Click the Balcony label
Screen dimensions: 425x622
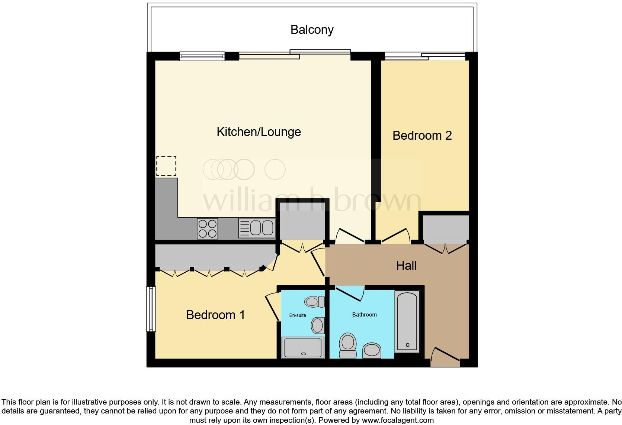[312, 30]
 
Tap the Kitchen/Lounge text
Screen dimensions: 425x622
[259, 132]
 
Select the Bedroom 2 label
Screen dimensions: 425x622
[422, 136]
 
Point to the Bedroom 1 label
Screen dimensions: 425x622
[215, 315]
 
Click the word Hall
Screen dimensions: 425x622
[406, 266]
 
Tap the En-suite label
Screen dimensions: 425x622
[298, 315]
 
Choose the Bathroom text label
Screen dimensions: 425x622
[364, 315]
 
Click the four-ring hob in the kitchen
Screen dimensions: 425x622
[207, 228]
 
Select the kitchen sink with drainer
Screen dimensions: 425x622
[257, 228]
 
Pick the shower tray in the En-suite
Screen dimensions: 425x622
[302, 348]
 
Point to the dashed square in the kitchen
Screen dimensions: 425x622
[166, 166]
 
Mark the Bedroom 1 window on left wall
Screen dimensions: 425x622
[151, 309]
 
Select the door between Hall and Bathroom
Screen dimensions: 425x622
[350, 293]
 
